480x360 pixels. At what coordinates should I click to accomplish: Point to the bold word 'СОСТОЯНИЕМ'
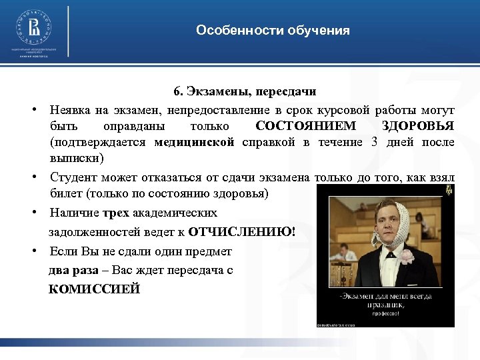point(306,126)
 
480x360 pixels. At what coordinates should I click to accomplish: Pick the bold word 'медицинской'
point(194,143)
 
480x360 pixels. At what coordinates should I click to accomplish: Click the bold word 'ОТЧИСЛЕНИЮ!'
point(243,232)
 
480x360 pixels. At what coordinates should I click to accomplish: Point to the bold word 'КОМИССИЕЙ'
point(94,289)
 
